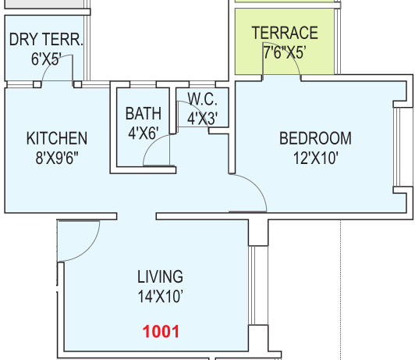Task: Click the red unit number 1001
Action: pos(161,332)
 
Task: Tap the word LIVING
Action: pos(160,276)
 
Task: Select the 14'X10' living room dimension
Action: pos(161,296)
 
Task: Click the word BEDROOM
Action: pos(315,138)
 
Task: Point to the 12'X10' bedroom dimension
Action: pos(315,159)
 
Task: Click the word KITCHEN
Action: pos(57,138)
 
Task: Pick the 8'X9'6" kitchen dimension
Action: pos(57,158)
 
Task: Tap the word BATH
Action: pos(144,114)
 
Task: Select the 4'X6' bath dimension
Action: pos(144,134)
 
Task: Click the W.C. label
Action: pos(203,99)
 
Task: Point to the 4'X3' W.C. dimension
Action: pos(203,119)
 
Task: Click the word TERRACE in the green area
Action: pos(285,33)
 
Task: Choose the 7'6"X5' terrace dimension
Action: pos(285,52)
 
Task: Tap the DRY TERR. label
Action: pos(46,40)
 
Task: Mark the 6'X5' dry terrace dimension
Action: pos(46,59)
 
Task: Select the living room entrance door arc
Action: pos(88,250)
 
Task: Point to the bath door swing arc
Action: pos(151,143)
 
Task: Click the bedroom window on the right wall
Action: pos(396,147)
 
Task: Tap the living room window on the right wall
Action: pos(252,285)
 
